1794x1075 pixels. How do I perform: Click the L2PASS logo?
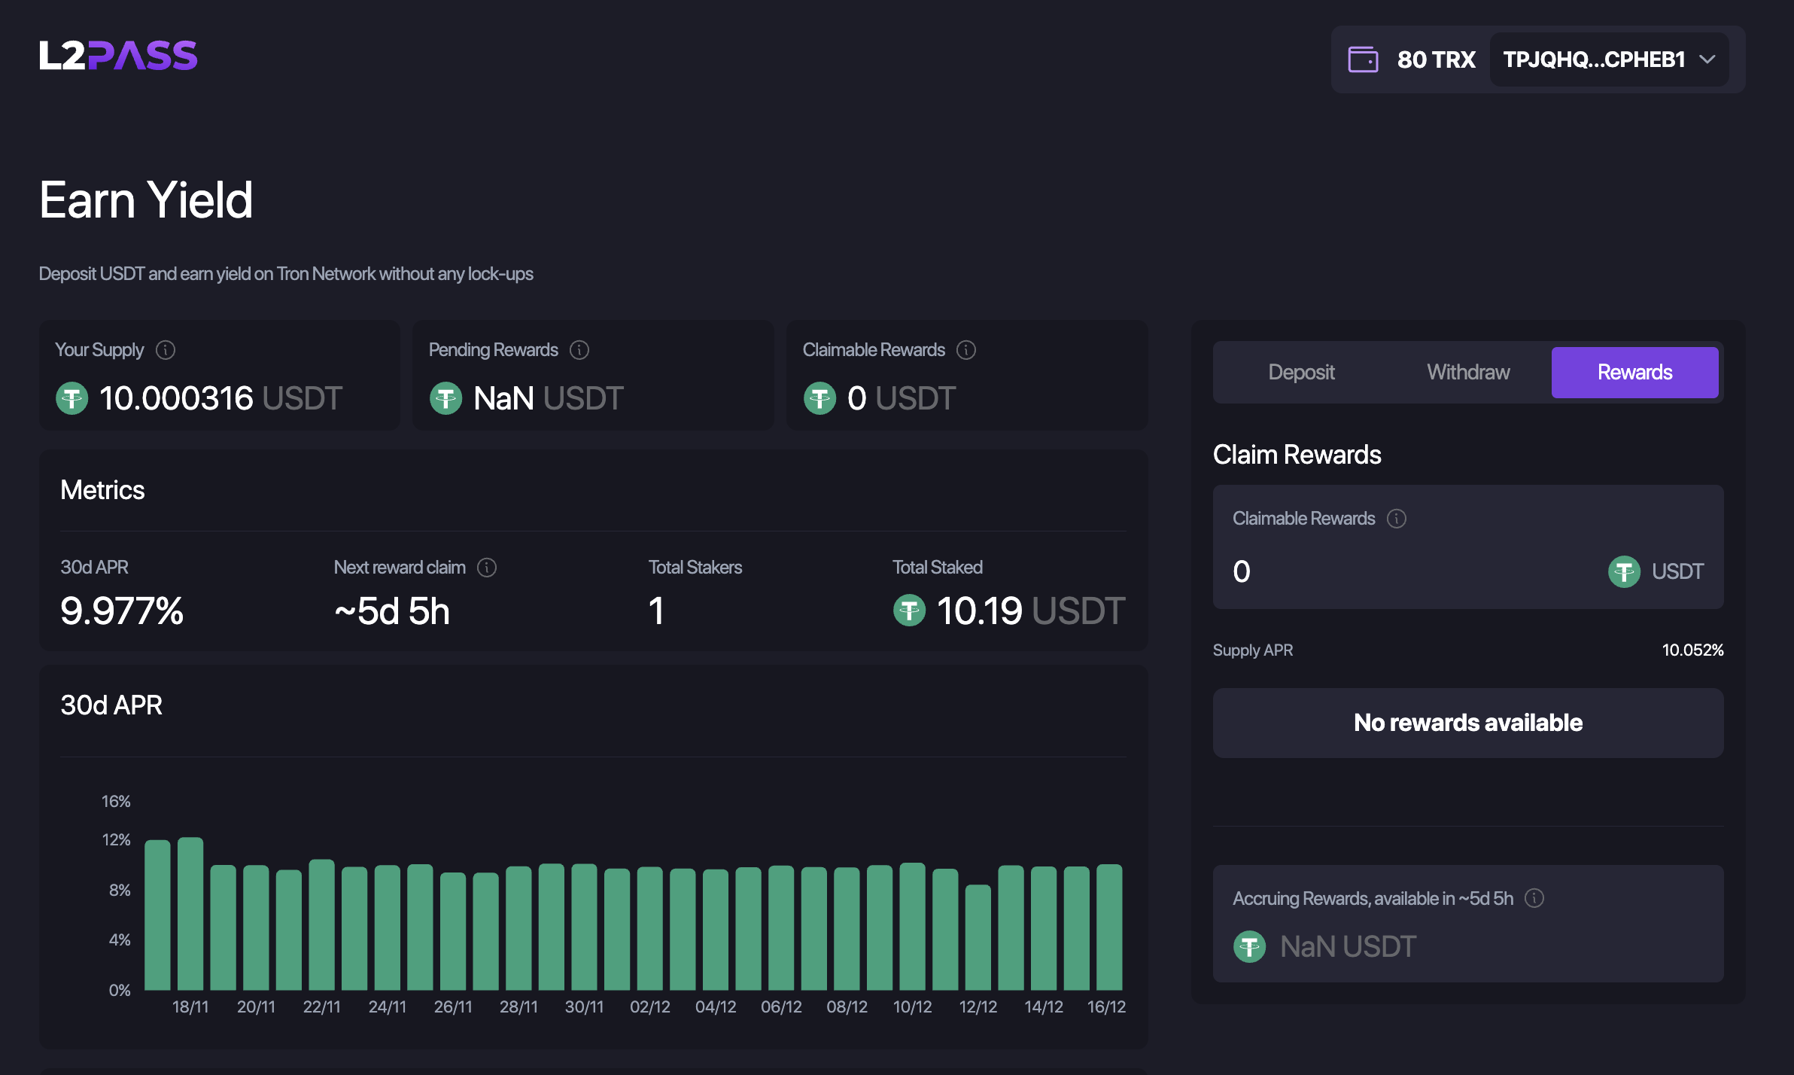pyautogui.click(x=118, y=56)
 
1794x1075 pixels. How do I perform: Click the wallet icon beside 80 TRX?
pyautogui.click(x=1363, y=59)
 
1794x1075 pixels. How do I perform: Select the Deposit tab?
pyautogui.click(x=1301, y=372)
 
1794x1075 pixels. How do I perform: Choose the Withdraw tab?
pyautogui.click(x=1468, y=372)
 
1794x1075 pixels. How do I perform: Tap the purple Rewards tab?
pyautogui.click(x=1634, y=372)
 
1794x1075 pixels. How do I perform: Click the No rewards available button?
pyautogui.click(x=1467, y=723)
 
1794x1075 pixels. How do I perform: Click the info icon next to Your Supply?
pyautogui.click(x=166, y=350)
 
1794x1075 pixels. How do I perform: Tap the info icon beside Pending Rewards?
pyautogui.click(x=579, y=350)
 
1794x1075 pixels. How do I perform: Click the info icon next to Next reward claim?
pyautogui.click(x=487, y=568)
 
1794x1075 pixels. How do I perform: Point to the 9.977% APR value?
pyautogui.click(x=122, y=611)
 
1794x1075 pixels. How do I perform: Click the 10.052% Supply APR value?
pyautogui.click(x=1692, y=650)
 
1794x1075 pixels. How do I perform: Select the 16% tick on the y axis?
pyautogui.click(x=116, y=801)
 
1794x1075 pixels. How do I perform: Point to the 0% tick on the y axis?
pyautogui.click(x=120, y=990)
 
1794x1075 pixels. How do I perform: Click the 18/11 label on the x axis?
pyautogui.click(x=190, y=1007)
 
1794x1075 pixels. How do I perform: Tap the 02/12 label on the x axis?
pyautogui.click(x=650, y=1007)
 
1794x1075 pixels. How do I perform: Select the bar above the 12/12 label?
pyautogui.click(x=978, y=937)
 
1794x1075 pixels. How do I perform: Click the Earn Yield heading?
pyautogui.click(x=146, y=200)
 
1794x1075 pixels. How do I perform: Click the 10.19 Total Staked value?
pyautogui.click(x=979, y=611)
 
